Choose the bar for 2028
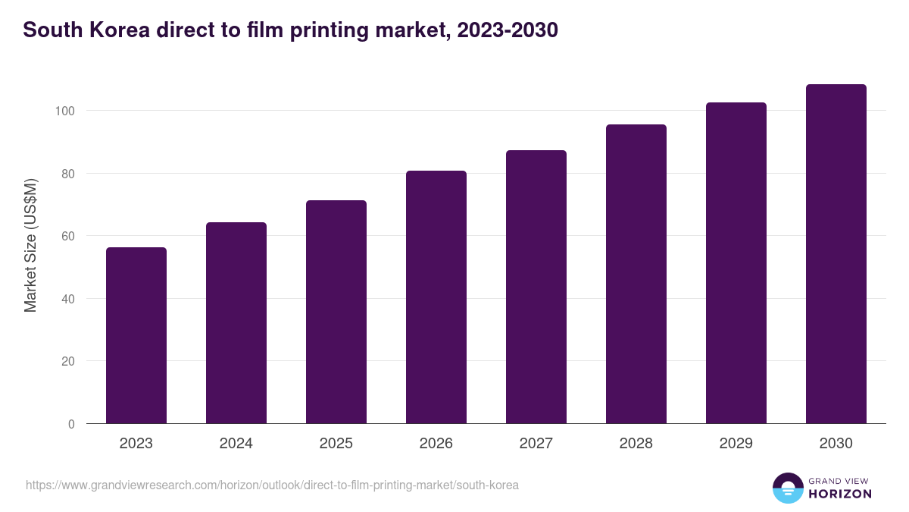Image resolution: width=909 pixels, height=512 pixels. [x=636, y=274]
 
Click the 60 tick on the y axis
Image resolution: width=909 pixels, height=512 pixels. [x=68, y=236]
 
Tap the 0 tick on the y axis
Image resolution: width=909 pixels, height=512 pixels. [x=71, y=424]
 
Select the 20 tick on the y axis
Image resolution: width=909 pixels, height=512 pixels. [x=68, y=361]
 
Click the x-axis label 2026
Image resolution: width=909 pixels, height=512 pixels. [x=436, y=444]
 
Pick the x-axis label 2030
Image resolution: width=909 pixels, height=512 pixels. [x=836, y=444]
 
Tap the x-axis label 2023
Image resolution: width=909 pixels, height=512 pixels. [x=136, y=444]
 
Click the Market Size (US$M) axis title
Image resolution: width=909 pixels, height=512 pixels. [x=30, y=245]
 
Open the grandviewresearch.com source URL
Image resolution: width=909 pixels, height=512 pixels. [x=272, y=485]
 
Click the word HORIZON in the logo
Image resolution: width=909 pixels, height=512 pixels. [x=840, y=494]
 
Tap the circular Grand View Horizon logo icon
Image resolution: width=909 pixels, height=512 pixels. [x=788, y=488]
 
